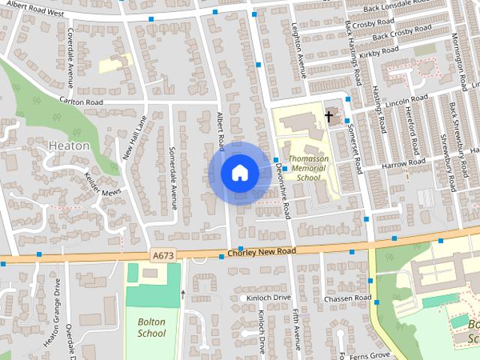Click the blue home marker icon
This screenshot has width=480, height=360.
tap(239, 172)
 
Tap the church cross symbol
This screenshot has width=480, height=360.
tap(328, 115)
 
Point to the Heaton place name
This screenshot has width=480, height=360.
tap(68, 145)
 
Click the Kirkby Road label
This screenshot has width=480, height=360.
tap(379, 51)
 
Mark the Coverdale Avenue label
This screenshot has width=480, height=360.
tap(69, 49)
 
